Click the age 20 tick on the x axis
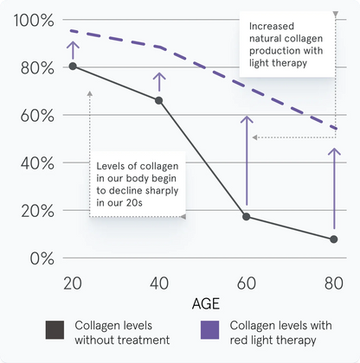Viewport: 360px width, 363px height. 73,283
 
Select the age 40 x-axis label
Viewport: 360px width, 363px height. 159,283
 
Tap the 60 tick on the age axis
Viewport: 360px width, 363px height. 247,283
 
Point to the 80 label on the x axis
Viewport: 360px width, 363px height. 334,283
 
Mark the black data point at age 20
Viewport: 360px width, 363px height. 73,66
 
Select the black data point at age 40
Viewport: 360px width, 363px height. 159,100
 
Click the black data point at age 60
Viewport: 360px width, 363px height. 247,216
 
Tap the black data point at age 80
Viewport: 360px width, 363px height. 334,239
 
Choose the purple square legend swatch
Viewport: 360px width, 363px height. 209,331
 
